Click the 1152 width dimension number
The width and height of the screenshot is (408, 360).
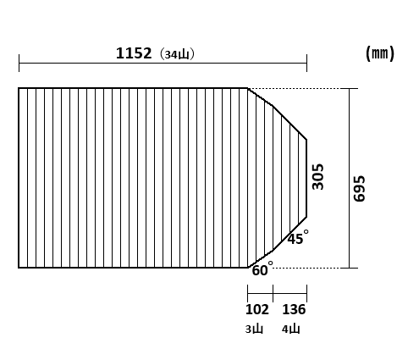point(134,53)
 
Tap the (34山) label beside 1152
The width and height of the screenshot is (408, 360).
point(177,54)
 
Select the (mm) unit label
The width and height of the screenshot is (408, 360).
point(380,53)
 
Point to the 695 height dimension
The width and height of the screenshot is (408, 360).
point(359,188)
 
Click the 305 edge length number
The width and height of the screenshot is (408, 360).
point(318,176)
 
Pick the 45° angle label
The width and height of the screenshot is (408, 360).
point(298,237)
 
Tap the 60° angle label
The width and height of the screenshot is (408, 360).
point(262,269)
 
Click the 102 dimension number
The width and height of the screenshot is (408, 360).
point(257,309)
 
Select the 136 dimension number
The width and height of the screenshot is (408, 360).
point(294,309)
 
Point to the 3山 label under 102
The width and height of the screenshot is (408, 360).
point(254,329)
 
